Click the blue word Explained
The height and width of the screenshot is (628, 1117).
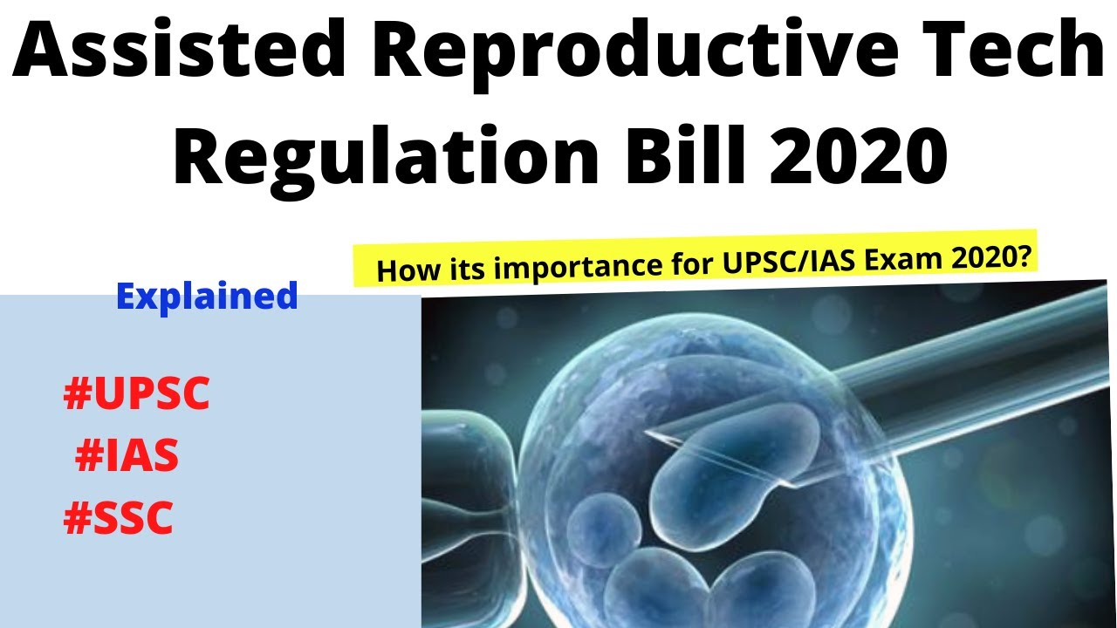click(x=207, y=297)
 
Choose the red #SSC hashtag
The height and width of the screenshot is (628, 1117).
click(x=119, y=519)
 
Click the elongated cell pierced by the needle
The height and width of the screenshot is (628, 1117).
click(x=733, y=462)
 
